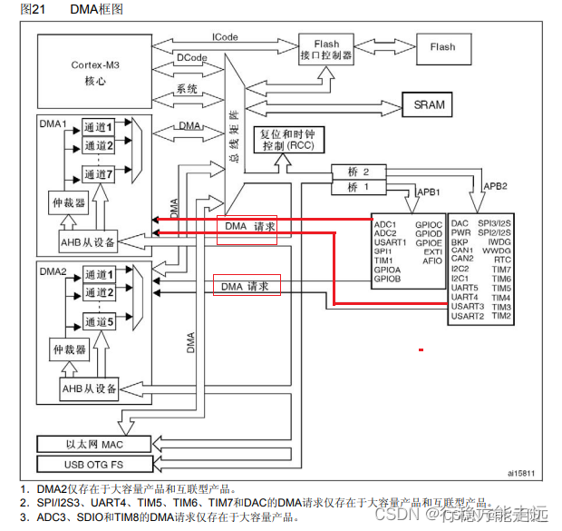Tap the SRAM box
[429, 104]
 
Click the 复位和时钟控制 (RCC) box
[286, 140]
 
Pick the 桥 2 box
[359, 172]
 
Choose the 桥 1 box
[359, 188]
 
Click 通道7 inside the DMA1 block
[99, 173]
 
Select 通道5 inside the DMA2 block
[99, 321]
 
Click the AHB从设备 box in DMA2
[89, 389]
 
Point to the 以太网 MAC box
[92, 443]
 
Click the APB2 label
[494, 186]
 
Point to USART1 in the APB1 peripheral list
[391, 241]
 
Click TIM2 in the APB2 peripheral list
[502, 316]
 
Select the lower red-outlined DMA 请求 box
[247, 286]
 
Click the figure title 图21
[19, 8]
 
